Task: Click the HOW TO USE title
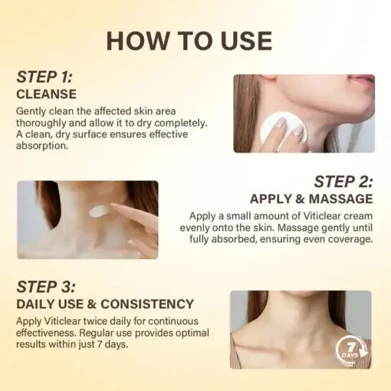point(189,41)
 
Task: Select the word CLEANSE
point(47,94)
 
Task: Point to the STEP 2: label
point(343,182)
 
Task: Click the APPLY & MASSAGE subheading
point(311,199)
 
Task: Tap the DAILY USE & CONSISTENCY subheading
point(105,304)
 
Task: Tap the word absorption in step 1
point(42,146)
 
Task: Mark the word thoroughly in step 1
point(45,123)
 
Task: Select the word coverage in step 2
point(349,240)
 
